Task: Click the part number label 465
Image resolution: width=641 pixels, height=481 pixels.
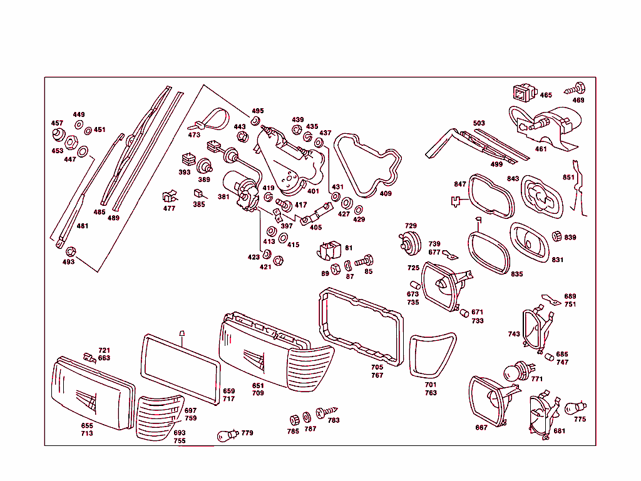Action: [x=546, y=95]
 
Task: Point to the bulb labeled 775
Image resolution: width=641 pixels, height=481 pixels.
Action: [x=575, y=407]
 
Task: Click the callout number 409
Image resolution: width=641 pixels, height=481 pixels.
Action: [x=386, y=194]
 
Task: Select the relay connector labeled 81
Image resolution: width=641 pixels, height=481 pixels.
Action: [x=328, y=250]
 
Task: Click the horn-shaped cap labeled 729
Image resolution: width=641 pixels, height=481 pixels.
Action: [x=410, y=241]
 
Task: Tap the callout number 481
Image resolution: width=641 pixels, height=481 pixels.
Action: [x=82, y=226]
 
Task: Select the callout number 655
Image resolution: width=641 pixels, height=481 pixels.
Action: [x=87, y=426]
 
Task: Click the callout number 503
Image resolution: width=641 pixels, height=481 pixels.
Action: [x=479, y=123]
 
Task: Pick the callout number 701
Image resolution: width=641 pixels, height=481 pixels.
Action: [x=430, y=385]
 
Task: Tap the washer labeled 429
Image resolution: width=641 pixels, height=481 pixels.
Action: [x=358, y=209]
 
